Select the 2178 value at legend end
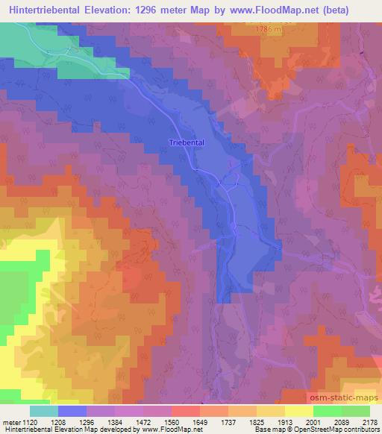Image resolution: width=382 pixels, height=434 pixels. tap(369, 421)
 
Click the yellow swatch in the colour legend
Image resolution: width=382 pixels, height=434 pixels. tap(298, 411)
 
